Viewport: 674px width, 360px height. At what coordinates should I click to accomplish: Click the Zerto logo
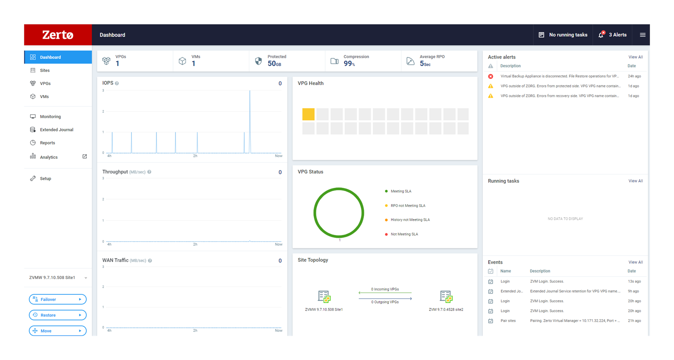58,35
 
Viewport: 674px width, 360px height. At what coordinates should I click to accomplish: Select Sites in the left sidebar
45,70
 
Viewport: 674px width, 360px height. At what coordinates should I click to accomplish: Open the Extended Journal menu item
56,130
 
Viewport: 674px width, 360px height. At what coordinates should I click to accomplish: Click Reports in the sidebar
47,143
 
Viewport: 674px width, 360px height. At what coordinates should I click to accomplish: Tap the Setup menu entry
45,179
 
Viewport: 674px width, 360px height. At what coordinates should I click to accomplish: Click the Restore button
58,315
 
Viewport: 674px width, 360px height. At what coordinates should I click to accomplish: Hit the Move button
58,331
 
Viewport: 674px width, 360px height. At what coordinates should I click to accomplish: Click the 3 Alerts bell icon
601,35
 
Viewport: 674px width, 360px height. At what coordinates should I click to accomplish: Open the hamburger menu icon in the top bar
642,35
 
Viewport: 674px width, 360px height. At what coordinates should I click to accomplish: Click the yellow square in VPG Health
308,114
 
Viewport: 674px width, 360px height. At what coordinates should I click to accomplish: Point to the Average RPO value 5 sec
425,64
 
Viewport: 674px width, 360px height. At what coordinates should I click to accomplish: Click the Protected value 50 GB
274,64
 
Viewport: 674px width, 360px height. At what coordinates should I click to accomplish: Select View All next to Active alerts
636,57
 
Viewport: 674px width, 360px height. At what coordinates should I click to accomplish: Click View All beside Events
636,262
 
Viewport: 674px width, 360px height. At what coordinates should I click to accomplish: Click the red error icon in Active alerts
490,76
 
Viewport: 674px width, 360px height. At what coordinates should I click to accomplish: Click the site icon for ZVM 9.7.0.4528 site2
446,296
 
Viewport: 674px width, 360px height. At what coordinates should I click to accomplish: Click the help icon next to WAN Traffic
150,261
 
